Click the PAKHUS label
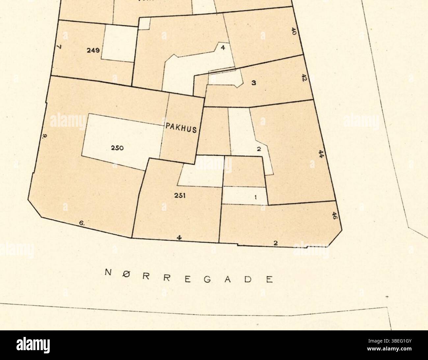click(181, 127)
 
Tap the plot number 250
click(117, 148)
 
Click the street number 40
click(294, 31)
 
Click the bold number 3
click(254, 83)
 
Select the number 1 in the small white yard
click(256, 197)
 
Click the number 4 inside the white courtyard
click(223, 48)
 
